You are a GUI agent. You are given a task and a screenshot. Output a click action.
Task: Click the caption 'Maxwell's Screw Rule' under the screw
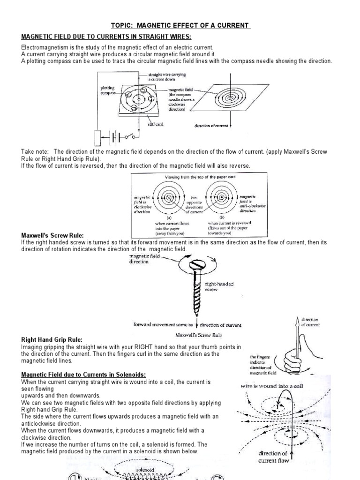point(199,335)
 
